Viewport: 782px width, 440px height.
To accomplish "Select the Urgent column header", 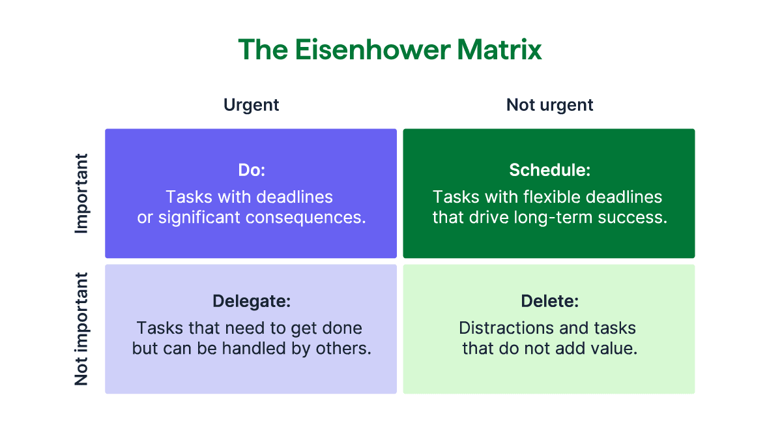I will click(x=251, y=105).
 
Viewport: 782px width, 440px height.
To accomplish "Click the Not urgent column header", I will click(x=549, y=105).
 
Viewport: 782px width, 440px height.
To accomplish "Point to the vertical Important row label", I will click(x=81, y=194).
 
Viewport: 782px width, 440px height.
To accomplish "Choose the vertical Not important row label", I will click(x=81, y=329).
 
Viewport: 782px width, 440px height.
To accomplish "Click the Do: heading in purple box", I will click(x=251, y=170).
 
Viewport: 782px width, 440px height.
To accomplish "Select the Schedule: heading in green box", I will click(x=549, y=170).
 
